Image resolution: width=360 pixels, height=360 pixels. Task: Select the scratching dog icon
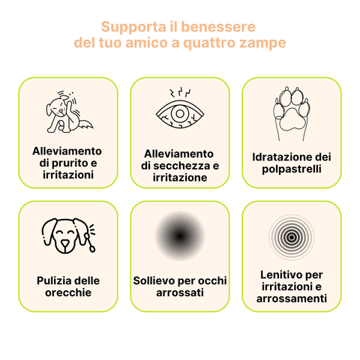[68, 112]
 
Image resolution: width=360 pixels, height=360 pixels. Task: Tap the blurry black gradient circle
[180, 237]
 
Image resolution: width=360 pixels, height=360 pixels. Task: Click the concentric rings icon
[292, 235]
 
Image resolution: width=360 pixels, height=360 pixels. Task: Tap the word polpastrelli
[292, 169]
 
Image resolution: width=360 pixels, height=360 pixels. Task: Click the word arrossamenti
[292, 298]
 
